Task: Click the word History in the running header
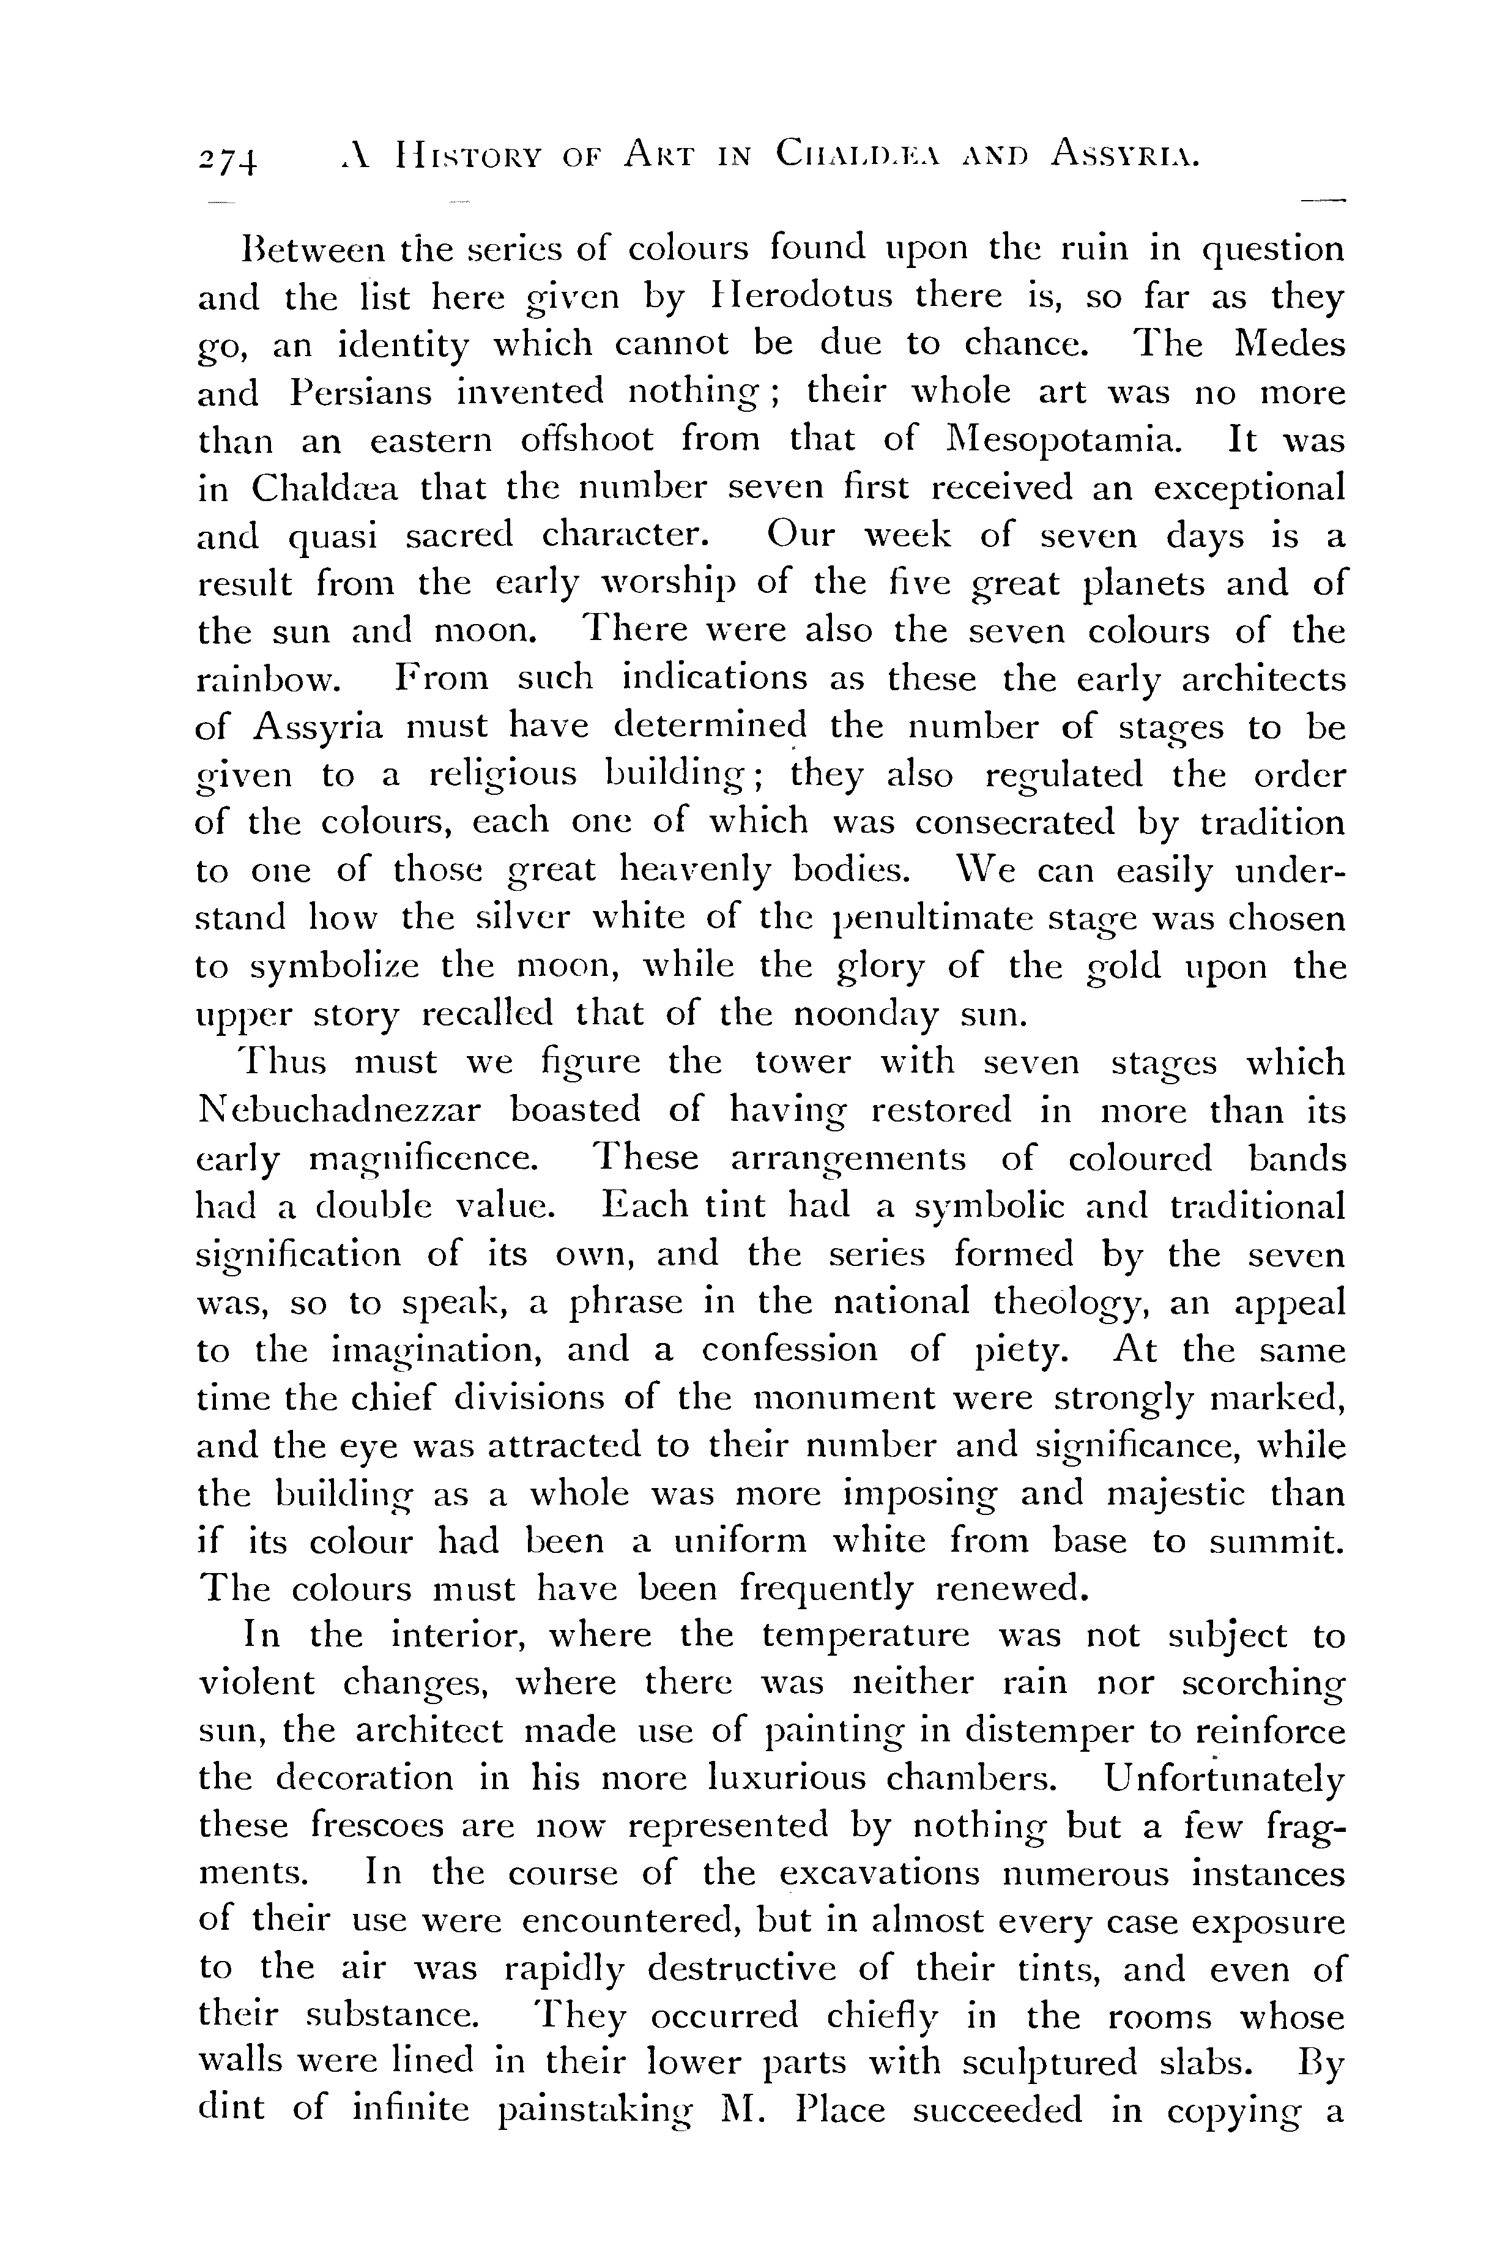pyautogui.click(x=456, y=154)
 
